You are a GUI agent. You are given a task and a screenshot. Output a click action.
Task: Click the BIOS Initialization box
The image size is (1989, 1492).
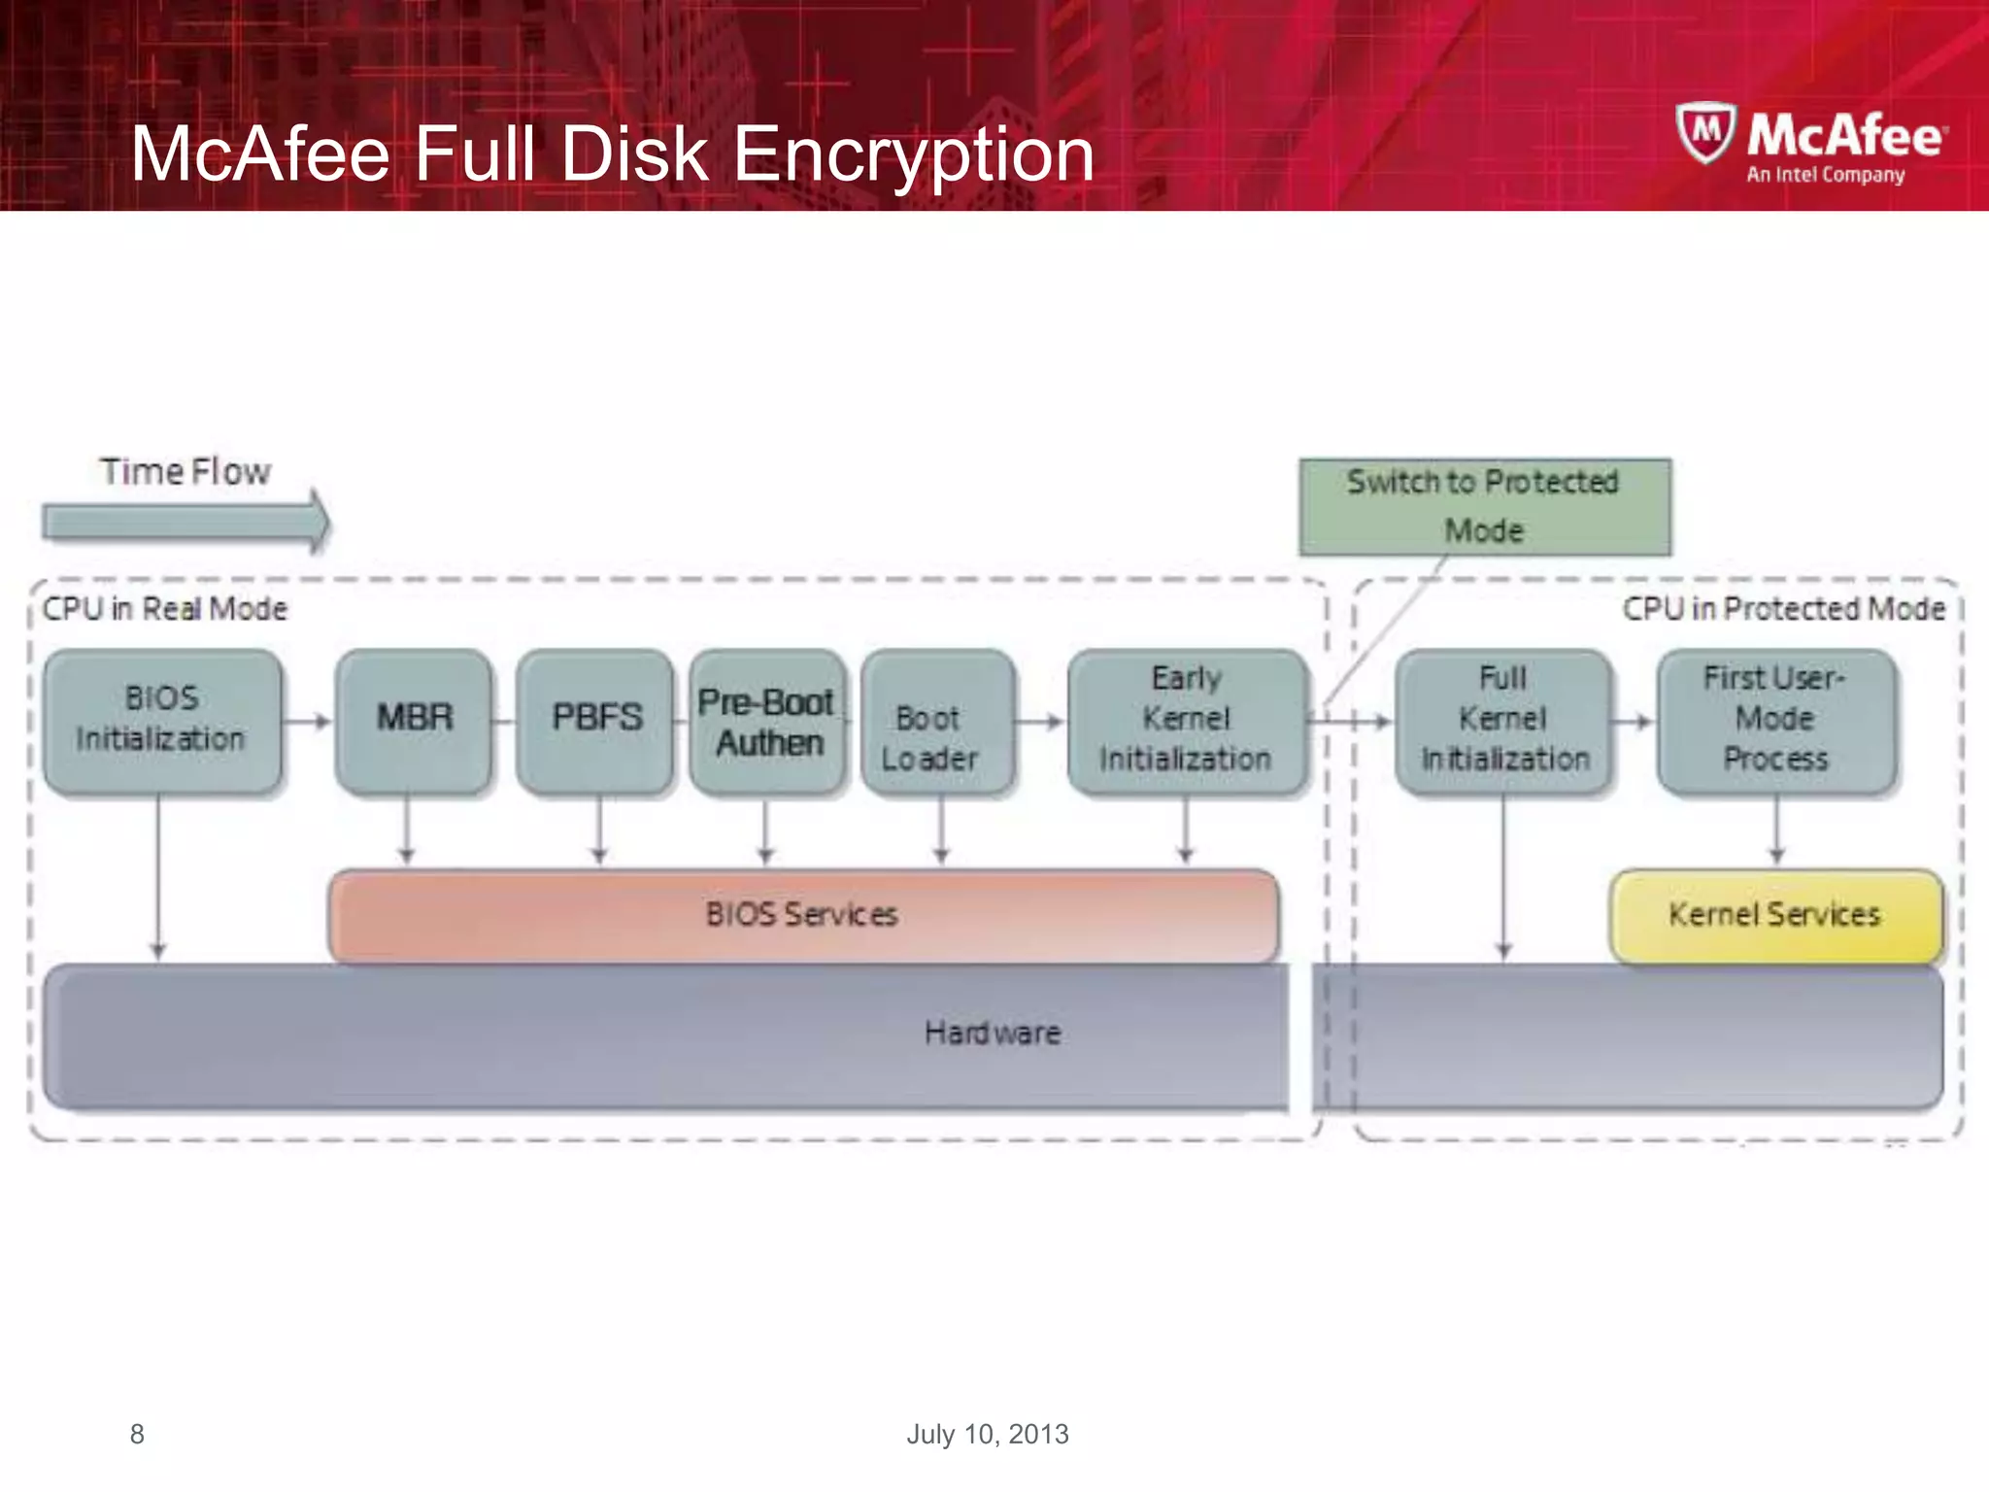coord(162,720)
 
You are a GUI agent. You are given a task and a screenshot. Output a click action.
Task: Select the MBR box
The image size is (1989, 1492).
coord(414,720)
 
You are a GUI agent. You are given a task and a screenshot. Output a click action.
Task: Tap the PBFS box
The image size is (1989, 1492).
coord(595,720)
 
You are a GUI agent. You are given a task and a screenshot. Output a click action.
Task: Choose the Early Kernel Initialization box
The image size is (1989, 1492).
coord(1186,720)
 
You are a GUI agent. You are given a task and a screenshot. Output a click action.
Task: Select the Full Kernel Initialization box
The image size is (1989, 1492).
coord(1503,720)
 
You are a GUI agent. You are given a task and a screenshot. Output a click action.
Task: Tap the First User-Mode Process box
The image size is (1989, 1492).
coord(1775,720)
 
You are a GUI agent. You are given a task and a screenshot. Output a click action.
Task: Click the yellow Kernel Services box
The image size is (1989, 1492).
coord(1775,915)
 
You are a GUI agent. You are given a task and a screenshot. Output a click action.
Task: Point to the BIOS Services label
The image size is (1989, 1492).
coord(801,915)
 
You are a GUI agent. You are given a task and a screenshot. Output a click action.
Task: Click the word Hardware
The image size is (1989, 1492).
coord(992,1033)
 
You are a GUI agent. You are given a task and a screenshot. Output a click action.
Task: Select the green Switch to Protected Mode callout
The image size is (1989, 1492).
coord(1484,506)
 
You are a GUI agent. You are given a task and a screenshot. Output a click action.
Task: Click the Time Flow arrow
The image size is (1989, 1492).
coord(185,522)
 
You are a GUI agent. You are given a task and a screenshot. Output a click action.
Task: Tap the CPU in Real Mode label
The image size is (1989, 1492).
coord(165,609)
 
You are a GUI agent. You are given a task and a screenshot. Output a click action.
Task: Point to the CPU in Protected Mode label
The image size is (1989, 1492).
coord(1783,609)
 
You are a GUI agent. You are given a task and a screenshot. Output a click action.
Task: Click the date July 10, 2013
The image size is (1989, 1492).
coord(987,1434)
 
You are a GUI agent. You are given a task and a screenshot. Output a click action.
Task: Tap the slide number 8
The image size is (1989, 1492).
coord(137,1434)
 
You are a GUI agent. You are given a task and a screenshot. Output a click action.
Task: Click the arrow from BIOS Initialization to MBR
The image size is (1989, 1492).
coord(309,721)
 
